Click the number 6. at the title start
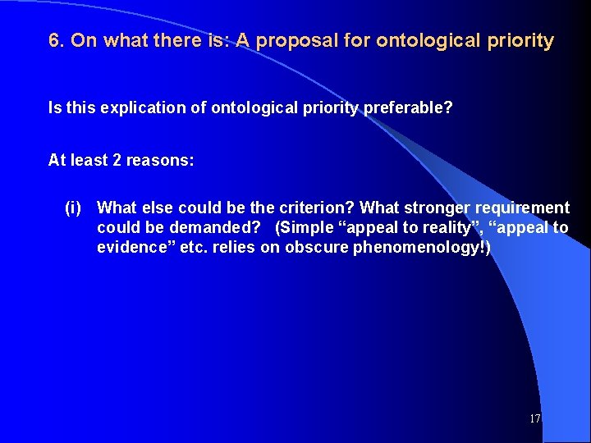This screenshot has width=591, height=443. tap(57, 41)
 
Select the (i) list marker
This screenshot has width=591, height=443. tap(73, 208)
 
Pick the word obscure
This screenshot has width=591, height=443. tap(316, 247)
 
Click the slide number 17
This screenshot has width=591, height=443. tap(535, 418)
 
